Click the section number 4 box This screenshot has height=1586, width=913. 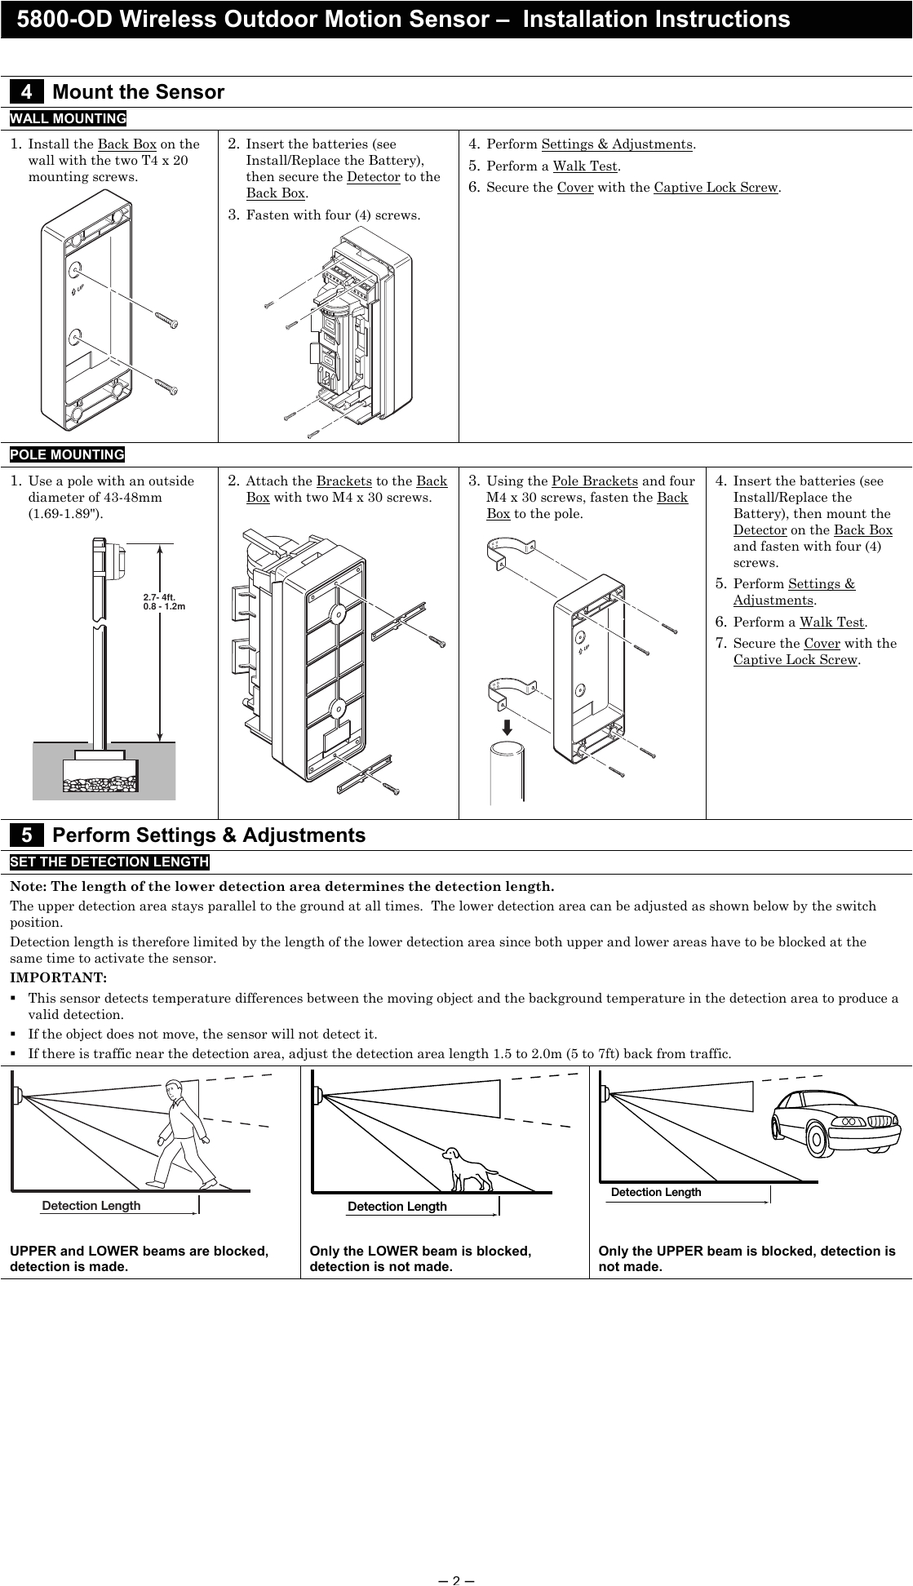(26, 92)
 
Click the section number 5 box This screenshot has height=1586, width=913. (26, 835)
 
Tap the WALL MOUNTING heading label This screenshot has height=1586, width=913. (68, 119)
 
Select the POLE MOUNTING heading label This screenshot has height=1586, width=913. (67, 454)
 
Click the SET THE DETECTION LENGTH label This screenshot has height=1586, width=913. (109, 862)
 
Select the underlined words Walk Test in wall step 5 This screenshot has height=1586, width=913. (585, 166)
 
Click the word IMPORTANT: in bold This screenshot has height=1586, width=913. (58, 977)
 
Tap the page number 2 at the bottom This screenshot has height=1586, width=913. (456, 1579)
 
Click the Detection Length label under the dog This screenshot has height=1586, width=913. (397, 1207)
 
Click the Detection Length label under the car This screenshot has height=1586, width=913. (656, 1193)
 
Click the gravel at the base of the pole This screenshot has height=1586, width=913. (101, 785)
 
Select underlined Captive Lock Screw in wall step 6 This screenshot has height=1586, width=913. (716, 188)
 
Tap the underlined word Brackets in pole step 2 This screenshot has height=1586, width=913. (343, 481)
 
